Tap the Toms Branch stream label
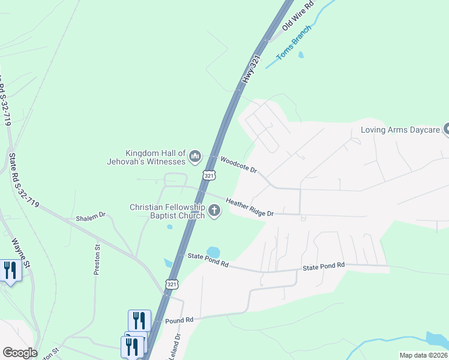[x=294, y=43]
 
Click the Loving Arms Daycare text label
[x=400, y=130]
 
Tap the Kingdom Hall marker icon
[x=194, y=157]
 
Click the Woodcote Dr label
[x=238, y=164]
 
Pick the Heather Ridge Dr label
[x=250, y=208]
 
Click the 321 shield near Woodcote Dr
[x=208, y=175]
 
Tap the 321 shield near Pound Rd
[x=172, y=284]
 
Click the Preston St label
[x=97, y=259]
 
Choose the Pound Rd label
[x=179, y=321]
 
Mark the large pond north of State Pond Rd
[x=212, y=252]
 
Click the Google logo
[x=20, y=353]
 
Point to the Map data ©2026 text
[x=423, y=355]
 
